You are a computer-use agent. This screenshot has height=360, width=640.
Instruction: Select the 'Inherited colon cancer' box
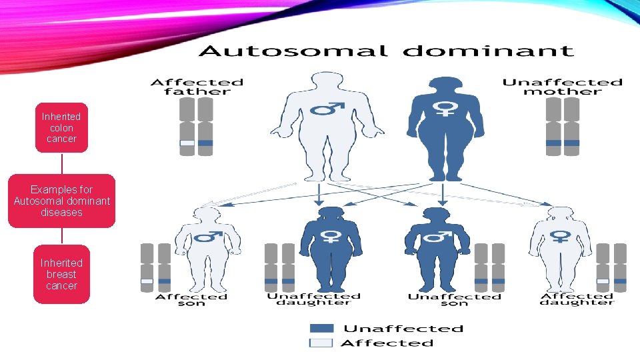tap(61, 127)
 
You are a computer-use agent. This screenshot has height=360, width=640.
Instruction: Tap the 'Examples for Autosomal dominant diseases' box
tap(61, 201)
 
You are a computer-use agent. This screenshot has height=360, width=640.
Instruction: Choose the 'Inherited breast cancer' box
tap(61, 274)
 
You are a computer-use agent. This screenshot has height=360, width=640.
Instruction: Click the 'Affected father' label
tap(197, 87)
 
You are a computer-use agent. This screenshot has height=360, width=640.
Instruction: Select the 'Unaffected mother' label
tap(562, 87)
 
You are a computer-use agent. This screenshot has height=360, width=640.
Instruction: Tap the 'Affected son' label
tap(191, 300)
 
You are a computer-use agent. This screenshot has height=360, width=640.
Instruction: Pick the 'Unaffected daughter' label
tap(313, 299)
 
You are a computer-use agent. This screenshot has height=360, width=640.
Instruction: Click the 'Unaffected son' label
tap(454, 300)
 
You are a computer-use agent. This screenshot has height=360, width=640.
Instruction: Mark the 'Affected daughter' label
tap(576, 299)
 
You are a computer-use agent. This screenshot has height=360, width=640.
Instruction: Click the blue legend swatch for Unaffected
tap(321, 328)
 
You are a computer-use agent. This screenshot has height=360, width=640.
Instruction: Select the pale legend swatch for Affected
tap(321, 343)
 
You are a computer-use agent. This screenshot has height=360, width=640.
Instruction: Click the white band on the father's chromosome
tap(187, 143)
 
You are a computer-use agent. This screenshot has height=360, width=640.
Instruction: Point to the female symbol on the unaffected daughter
tap(331, 236)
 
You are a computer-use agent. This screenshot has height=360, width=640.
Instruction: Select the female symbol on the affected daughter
tap(560, 236)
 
